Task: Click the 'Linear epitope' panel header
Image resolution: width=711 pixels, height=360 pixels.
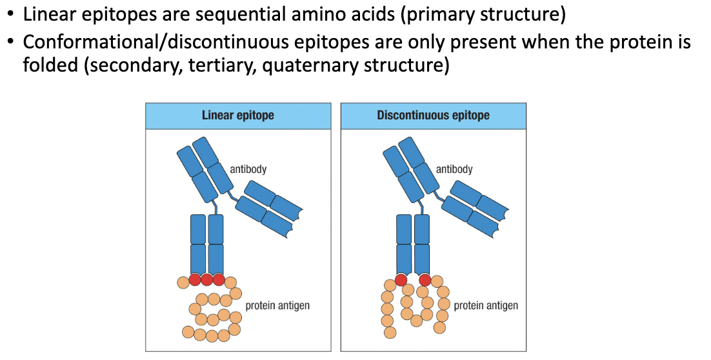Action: click(x=237, y=115)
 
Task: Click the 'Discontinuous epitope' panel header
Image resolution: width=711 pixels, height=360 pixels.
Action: click(x=433, y=115)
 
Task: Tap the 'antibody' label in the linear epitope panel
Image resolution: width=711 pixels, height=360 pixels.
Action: click(x=248, y=169)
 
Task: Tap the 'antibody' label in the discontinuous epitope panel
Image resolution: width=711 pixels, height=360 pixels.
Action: click(x=454, y=169)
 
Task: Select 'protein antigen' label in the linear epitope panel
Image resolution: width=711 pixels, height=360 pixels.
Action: click(x=277, y=305)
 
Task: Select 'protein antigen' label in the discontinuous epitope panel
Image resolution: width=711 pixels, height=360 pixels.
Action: click(x=486, y=305)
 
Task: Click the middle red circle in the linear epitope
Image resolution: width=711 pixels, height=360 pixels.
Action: click(x=207, y=279)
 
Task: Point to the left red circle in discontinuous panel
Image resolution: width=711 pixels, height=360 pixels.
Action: click(x=401, y=279)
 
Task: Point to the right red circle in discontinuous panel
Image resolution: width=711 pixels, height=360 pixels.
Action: click(x=425, y=279)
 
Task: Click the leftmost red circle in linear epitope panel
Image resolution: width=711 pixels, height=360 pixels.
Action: click(x=195, y=279)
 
